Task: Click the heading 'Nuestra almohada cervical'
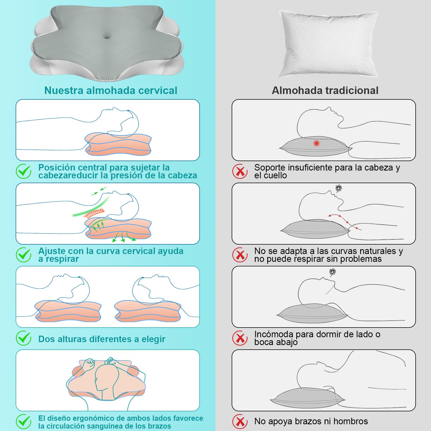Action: click(x=111, y=91)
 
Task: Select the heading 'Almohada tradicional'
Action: click(x=325, y=91)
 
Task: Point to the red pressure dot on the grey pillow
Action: click(x=317, y=143)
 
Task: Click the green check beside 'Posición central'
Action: click(x=24, y=171)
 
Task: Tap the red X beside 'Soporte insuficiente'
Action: click(x=240, y=171)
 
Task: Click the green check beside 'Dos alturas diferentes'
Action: click(x=24, y=338)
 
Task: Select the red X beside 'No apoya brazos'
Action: click(x=240, y=422)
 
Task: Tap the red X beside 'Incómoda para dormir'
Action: click(x=240, y=338)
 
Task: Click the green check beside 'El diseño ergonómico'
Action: click(x=24, y=422)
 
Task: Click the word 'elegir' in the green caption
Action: click(x=153, y=339)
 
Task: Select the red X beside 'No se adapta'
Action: click(x=240, y=255)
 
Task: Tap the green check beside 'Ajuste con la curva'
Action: click(x=24, y=255)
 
